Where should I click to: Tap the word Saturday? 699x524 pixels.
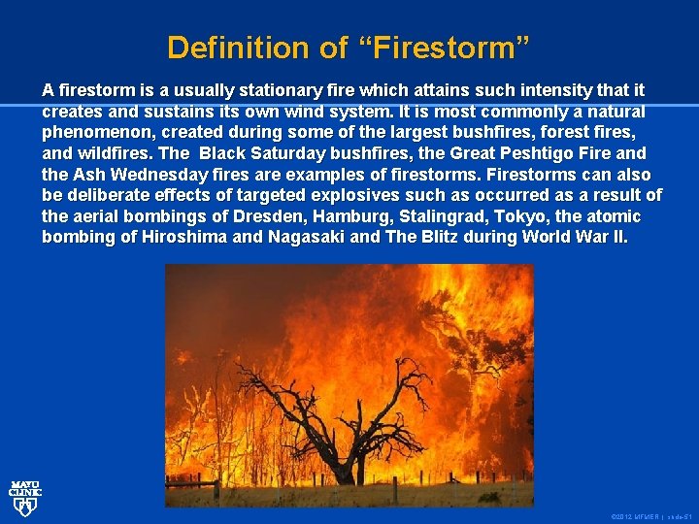tap(284, 153)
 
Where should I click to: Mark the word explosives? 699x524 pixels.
tap(373, 196)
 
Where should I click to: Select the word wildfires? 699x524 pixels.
tap(115, 153)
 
